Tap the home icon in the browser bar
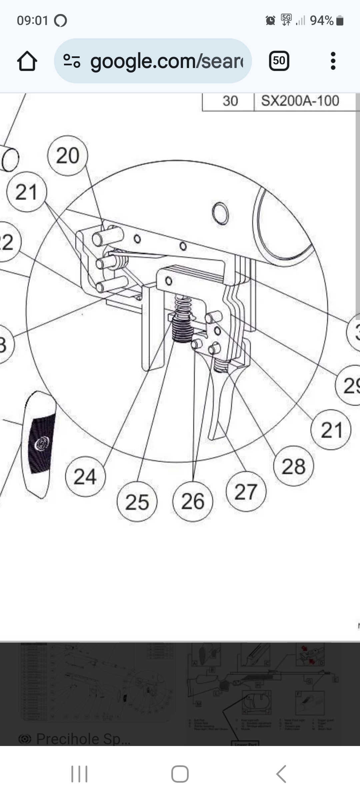(27, 61)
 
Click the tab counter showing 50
(279, 61)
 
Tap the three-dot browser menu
(333, 61)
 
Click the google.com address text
(167, 61)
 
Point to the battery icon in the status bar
(340, 21)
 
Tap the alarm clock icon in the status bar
(270, 21)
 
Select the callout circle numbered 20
(68, 156)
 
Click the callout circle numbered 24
(85, 476)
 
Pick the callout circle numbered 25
(137, 502)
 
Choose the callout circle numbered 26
(193, 501)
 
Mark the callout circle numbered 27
(246, 492)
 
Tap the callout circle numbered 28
(293, 466)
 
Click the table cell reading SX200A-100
(300, 101)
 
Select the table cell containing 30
(230, 101)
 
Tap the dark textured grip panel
(42, 443)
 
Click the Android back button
(281, 774)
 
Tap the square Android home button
(180, 774)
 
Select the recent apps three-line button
(79, 774)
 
